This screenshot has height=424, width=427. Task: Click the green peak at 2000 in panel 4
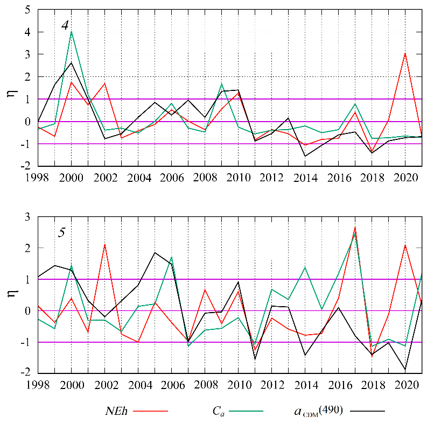71,32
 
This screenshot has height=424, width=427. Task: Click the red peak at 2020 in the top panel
405,53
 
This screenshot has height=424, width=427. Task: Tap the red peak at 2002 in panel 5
104,244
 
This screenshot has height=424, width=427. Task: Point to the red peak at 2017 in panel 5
355,227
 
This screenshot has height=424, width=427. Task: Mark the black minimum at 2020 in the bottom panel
405,370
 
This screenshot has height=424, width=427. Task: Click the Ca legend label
219,411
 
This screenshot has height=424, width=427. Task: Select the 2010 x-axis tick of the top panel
238,178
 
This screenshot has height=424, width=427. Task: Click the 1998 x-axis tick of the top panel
38,178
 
